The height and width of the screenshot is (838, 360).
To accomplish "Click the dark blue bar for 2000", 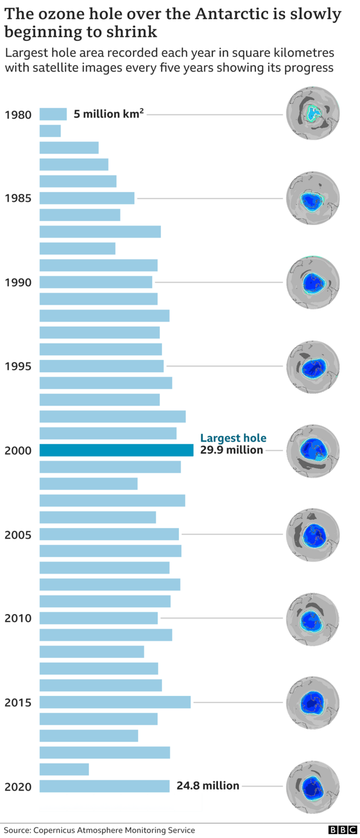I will click(x=116, y=450).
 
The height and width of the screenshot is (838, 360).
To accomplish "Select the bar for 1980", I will click(x=53, y=114).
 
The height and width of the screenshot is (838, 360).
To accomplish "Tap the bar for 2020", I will click(x=104, y=786).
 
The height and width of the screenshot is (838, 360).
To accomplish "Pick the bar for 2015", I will click(x=115, y=702).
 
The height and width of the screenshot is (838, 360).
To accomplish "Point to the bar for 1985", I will click(x=87, y=198).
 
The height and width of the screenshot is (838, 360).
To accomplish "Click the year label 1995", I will click(x=18, y=366).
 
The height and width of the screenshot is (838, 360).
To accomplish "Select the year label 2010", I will click(x=18, y=618).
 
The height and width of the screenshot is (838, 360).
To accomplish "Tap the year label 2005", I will click(x=18, y=534).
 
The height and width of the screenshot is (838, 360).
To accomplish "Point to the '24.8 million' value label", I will click(x=208, y=785).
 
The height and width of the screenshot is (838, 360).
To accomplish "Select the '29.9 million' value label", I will click(x=231, y=450).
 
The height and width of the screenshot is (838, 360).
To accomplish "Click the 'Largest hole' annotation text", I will click(x=233, y=438).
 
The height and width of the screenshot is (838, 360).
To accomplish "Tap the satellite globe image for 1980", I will click(x=313, y=113).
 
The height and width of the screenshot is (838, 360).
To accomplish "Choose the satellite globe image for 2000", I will click(x=313, y=451).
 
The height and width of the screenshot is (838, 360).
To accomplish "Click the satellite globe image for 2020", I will click(x=313, y=787).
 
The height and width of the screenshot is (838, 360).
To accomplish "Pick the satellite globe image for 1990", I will click(x=313, y=282).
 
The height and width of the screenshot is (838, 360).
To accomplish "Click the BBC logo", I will click(x=343, y=830).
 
